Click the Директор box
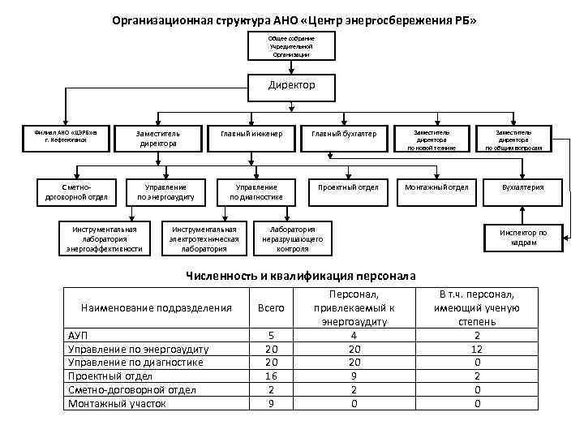pos(291,85)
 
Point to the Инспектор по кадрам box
pos(524,238)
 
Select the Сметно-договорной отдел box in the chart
pos(77,192)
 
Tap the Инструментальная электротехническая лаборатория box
pos(204,238)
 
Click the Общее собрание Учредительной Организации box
pos(291,45)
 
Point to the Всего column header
pos(271,308)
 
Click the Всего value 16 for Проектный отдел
pos(271,376)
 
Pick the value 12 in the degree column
pos(477,349)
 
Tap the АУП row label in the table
pos(78,335)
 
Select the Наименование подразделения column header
pos(157,308)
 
